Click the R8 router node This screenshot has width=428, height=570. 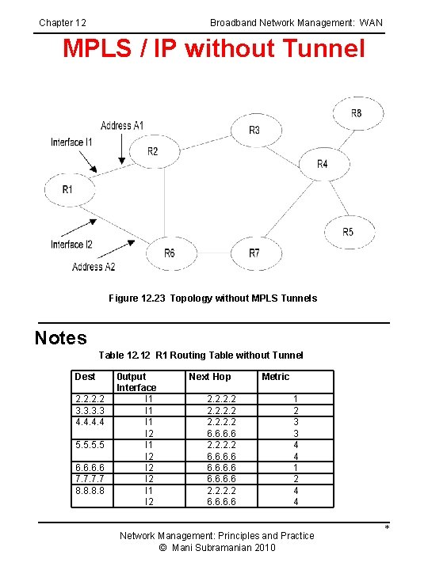(356, 114)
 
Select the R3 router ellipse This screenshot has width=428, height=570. (254, 130)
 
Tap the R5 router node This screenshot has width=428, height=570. (348, 232)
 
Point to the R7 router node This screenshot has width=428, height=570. (254, 253)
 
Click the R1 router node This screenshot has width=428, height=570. (67, 190)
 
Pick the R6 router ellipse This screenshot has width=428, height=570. (170, 253)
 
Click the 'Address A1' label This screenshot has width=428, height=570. (122, 126)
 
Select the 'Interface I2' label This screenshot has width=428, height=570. (71, 245)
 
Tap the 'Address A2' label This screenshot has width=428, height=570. (94, 267)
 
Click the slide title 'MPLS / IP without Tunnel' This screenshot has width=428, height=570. (214, 49)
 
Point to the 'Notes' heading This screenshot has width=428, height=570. (61, 339)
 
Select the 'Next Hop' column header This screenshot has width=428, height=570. (210, 377)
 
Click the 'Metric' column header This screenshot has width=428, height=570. (275, 377)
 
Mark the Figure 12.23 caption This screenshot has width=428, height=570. (212, 298)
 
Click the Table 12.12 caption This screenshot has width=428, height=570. (201, 355)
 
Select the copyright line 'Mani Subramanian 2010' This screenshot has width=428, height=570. (216, 548)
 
